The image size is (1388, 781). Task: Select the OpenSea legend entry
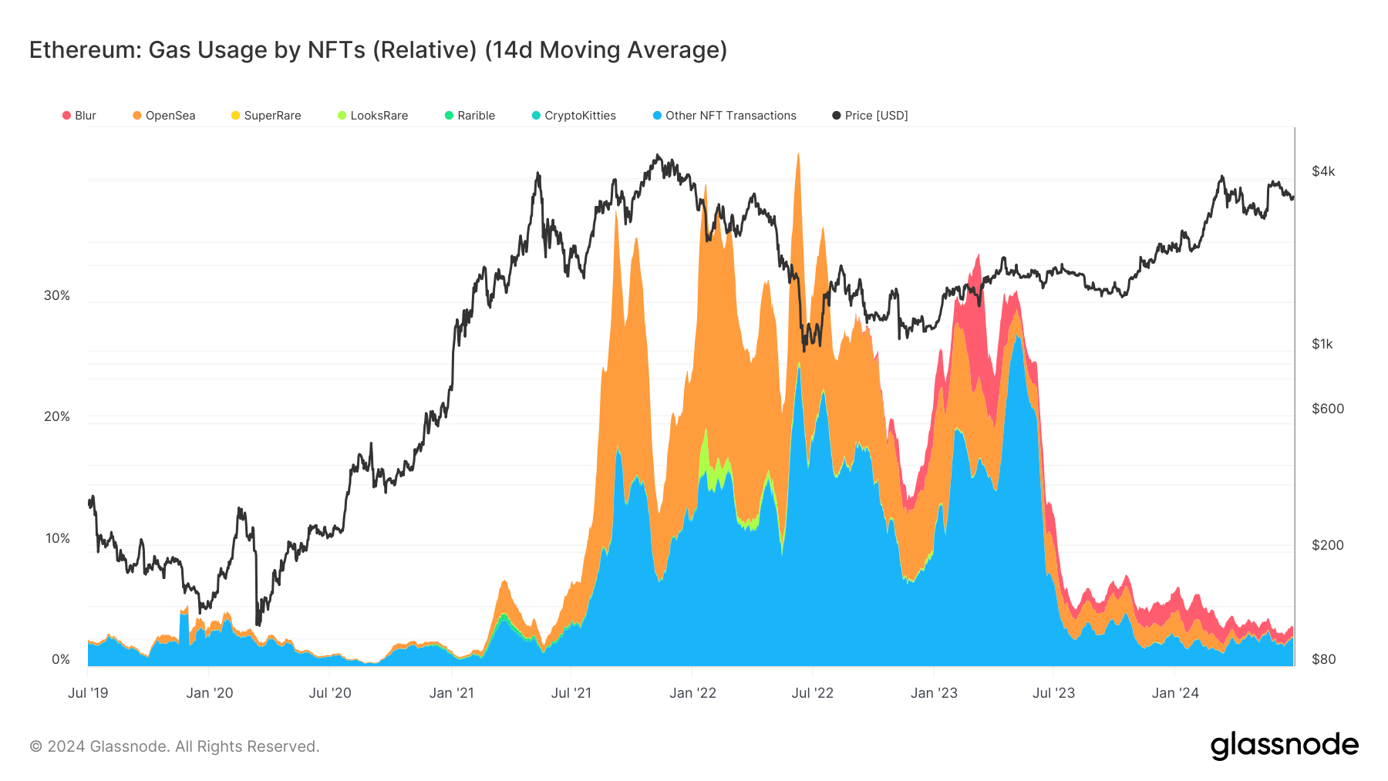(x=163, y=116)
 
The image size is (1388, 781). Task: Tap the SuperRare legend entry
(x=266, y=116)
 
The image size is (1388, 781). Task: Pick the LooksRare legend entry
(x=372, y=116)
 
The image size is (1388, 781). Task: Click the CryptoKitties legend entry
(x=574, y=116)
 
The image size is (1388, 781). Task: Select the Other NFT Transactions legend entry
(x=724, y=116)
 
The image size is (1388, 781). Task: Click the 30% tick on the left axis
(x=56, y=295)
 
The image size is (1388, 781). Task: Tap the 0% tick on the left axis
(x=60, y=659)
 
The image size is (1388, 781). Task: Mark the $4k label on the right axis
(x=1323, y=171)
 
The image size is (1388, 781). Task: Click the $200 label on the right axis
(x=1328, y=545)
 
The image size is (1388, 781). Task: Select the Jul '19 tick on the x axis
(x=88, y=693)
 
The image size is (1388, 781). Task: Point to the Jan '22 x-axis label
(x=692, y=693)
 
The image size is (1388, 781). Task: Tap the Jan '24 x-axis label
(x=1175, y=693)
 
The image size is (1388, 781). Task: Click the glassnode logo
(x=1284, y=746)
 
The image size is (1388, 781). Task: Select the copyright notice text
(x=174, y=746)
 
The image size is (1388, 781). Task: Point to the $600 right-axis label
(x=1328, y=409)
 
